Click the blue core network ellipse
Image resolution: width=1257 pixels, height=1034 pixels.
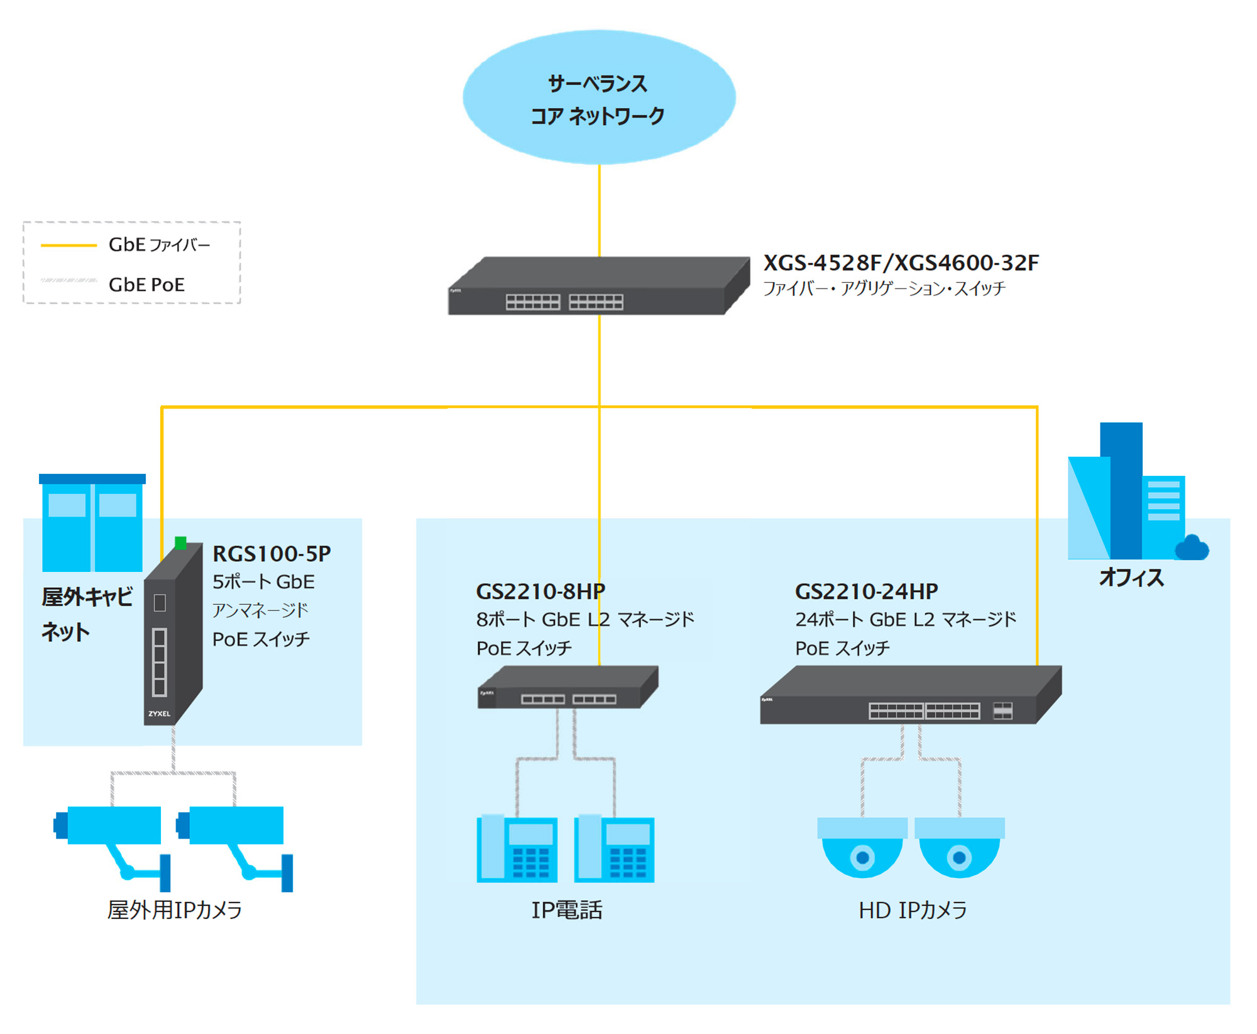(599, 97)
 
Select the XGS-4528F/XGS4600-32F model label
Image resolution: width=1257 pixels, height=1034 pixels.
(901, 263)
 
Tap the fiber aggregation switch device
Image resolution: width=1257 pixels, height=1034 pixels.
(597, 287)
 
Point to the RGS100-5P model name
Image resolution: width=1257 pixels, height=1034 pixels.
(272, 554)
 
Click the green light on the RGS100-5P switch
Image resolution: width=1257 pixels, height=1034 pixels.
(181, 543)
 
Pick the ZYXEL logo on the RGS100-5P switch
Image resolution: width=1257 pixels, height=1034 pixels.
(159, 713)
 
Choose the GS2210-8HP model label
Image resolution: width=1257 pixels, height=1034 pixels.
(541, 591)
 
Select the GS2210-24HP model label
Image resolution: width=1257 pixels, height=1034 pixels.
(866, 591)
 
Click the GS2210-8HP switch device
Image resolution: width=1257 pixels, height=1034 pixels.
(568, 688)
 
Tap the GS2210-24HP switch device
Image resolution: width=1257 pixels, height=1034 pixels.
(909, 696)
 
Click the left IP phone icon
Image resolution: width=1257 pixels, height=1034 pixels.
(517, 849)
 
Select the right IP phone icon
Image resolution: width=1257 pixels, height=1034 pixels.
(614, 849)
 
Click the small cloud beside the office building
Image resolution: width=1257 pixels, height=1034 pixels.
(1192, 548)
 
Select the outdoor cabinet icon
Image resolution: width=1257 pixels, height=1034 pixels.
(92, 523)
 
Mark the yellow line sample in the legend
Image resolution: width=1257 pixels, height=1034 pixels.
(69, 245)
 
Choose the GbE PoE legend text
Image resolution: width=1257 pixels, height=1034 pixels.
(146, 285)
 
